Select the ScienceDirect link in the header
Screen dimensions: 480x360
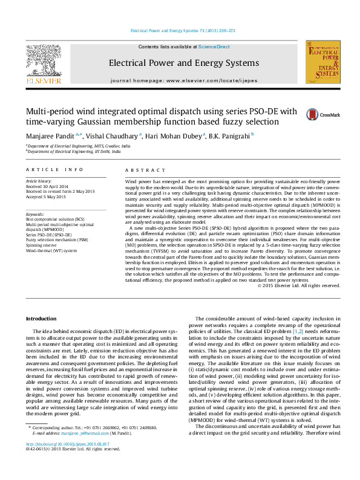[x=214, y=47]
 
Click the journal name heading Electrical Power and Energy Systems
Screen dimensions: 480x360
[x=183, y=63]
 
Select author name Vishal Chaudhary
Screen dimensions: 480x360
[x=116, y=135]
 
